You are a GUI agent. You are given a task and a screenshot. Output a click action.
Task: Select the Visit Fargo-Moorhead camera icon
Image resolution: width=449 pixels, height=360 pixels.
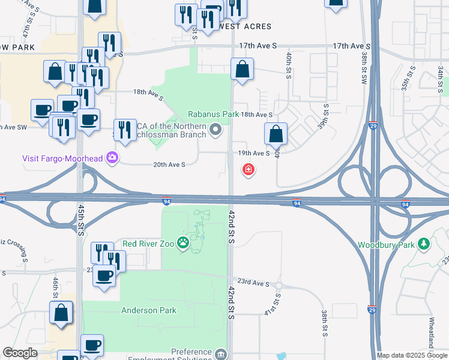tap(112, 158)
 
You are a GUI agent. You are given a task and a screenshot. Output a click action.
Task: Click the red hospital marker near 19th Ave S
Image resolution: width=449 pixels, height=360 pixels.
tap(247, 170)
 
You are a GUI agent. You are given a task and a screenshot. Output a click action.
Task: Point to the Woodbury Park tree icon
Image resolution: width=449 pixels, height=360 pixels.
tap(424, 244)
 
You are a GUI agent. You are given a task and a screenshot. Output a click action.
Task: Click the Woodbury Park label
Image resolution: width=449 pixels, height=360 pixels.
tap(387, 245)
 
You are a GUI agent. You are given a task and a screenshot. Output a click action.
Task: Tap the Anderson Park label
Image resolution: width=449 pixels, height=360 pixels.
tap(149, 310)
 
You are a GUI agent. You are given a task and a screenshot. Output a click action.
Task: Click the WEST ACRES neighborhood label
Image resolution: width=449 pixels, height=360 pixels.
tap(245, 26)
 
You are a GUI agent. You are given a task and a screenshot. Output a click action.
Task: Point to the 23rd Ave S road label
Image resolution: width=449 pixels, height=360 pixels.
tap(253, 281)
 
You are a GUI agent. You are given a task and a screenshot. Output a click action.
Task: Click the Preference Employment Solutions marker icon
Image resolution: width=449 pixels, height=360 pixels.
tap(221, 354)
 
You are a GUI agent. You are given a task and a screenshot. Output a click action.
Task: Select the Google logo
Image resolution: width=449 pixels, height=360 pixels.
tap(20, 353)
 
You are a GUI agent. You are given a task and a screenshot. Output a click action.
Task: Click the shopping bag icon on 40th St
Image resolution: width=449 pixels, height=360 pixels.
tap(276, 134)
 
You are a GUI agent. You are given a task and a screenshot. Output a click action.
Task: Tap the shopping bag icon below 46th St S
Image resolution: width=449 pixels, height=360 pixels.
tap(61, 313)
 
